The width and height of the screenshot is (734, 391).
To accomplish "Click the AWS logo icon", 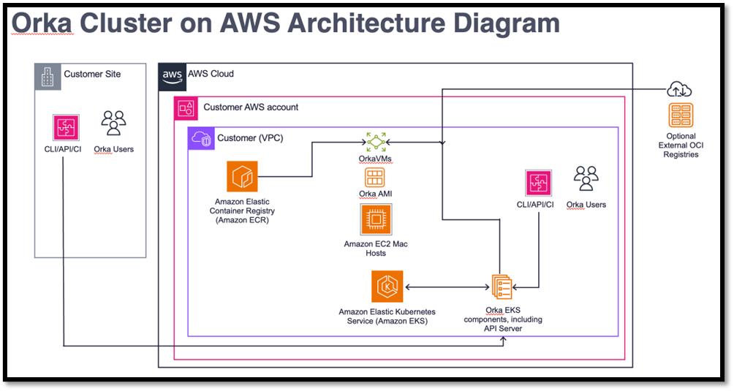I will (x=172, y=75).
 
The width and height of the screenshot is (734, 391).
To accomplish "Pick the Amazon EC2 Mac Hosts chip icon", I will (x=376, y=219).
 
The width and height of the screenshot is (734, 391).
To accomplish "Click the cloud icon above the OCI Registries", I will (x=679, y=90).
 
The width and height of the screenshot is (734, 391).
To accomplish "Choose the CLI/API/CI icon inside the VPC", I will (x=538, y=182).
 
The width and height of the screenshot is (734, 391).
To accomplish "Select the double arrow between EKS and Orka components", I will (x=445, y=286).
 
